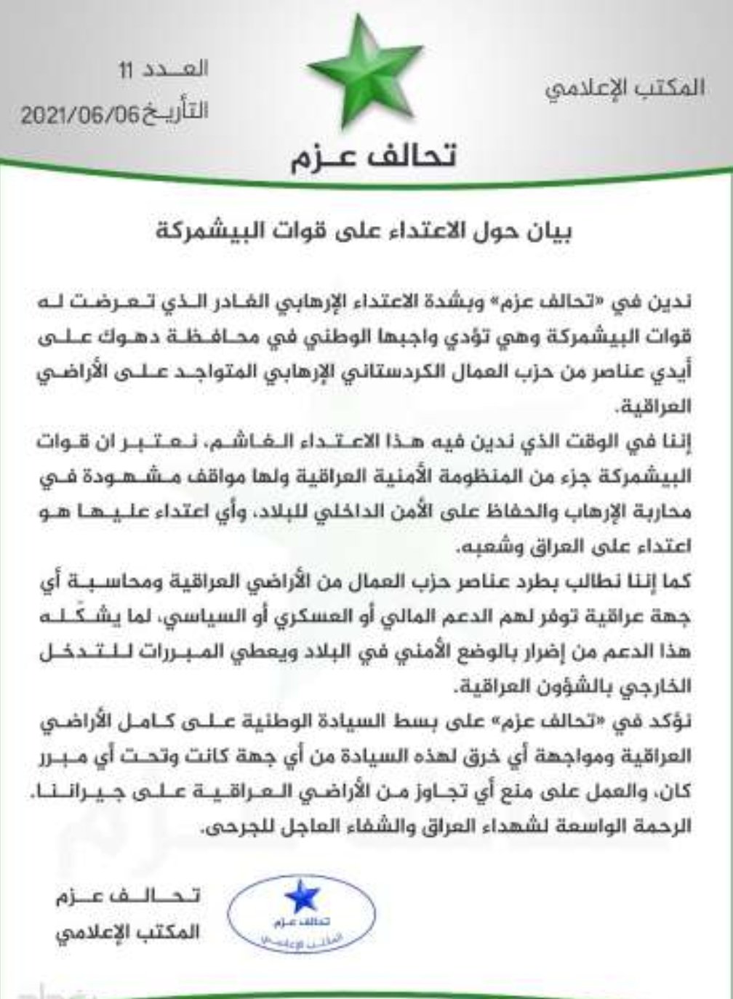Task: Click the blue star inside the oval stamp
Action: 300,899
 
